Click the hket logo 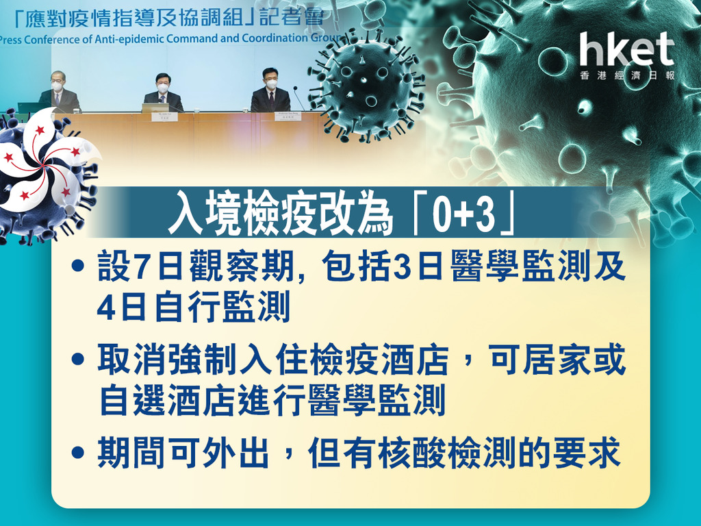[x=627, y=49]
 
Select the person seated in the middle [x=163, y=92]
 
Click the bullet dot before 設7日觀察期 [x=78, y=266]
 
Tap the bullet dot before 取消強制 [x=78, y=359]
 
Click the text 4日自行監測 [x=193, y=306]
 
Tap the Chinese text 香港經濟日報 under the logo [x=627, y=75]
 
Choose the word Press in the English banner [x=10, y=40]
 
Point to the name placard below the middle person [x=164, y=116]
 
